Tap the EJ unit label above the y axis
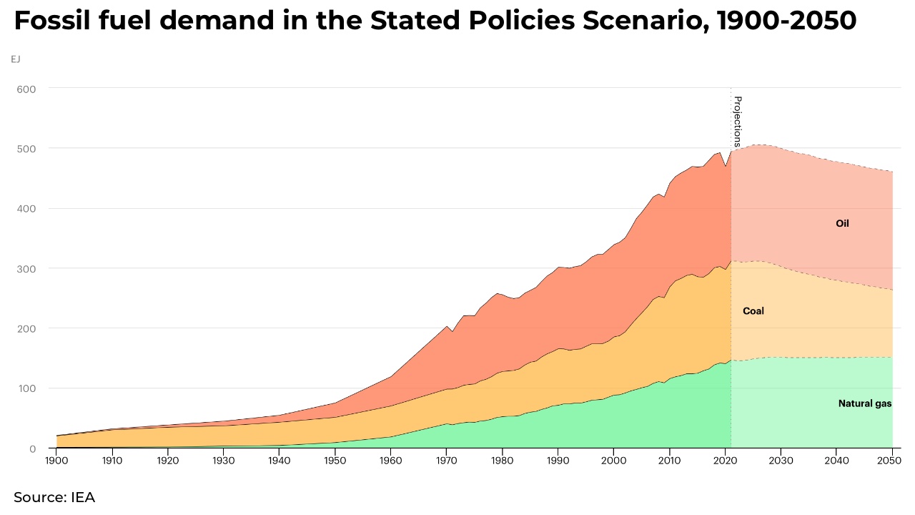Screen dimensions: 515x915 pos(16,59)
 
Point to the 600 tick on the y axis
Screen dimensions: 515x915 pos(27,89)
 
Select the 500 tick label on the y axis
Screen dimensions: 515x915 pos(27,149)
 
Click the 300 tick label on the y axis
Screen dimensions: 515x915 pos(27,269)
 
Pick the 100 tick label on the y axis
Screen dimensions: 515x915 pos(27,388)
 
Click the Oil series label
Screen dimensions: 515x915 pos(842,224)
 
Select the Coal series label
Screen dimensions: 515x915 pos(753,311)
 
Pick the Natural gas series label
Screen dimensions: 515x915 pos(864,404)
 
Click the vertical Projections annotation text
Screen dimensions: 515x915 pos(738,121)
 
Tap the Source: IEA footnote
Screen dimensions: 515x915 pos(54,497)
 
